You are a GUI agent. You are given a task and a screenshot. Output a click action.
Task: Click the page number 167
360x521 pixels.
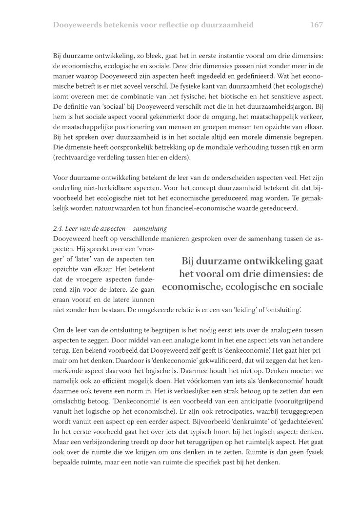click(x=317, y=24)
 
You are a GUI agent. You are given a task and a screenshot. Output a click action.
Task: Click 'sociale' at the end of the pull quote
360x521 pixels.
click(x=305, y=286)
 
